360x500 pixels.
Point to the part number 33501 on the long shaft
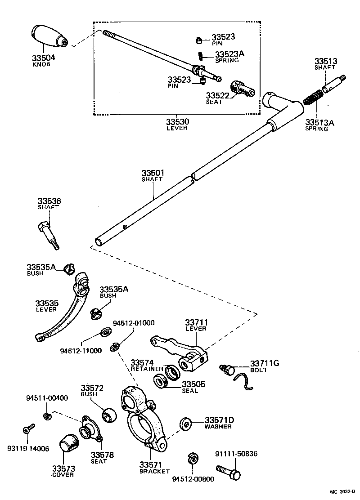pos(153,173)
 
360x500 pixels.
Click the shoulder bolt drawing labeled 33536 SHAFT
pos(48,233)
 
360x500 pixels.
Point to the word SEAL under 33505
pos(190,391)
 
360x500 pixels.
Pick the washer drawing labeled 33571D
pos(185,423)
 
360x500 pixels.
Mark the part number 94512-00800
pos(193,479)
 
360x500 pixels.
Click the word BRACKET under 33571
pos(154,471)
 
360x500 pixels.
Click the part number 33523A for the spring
pos(229,54)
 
